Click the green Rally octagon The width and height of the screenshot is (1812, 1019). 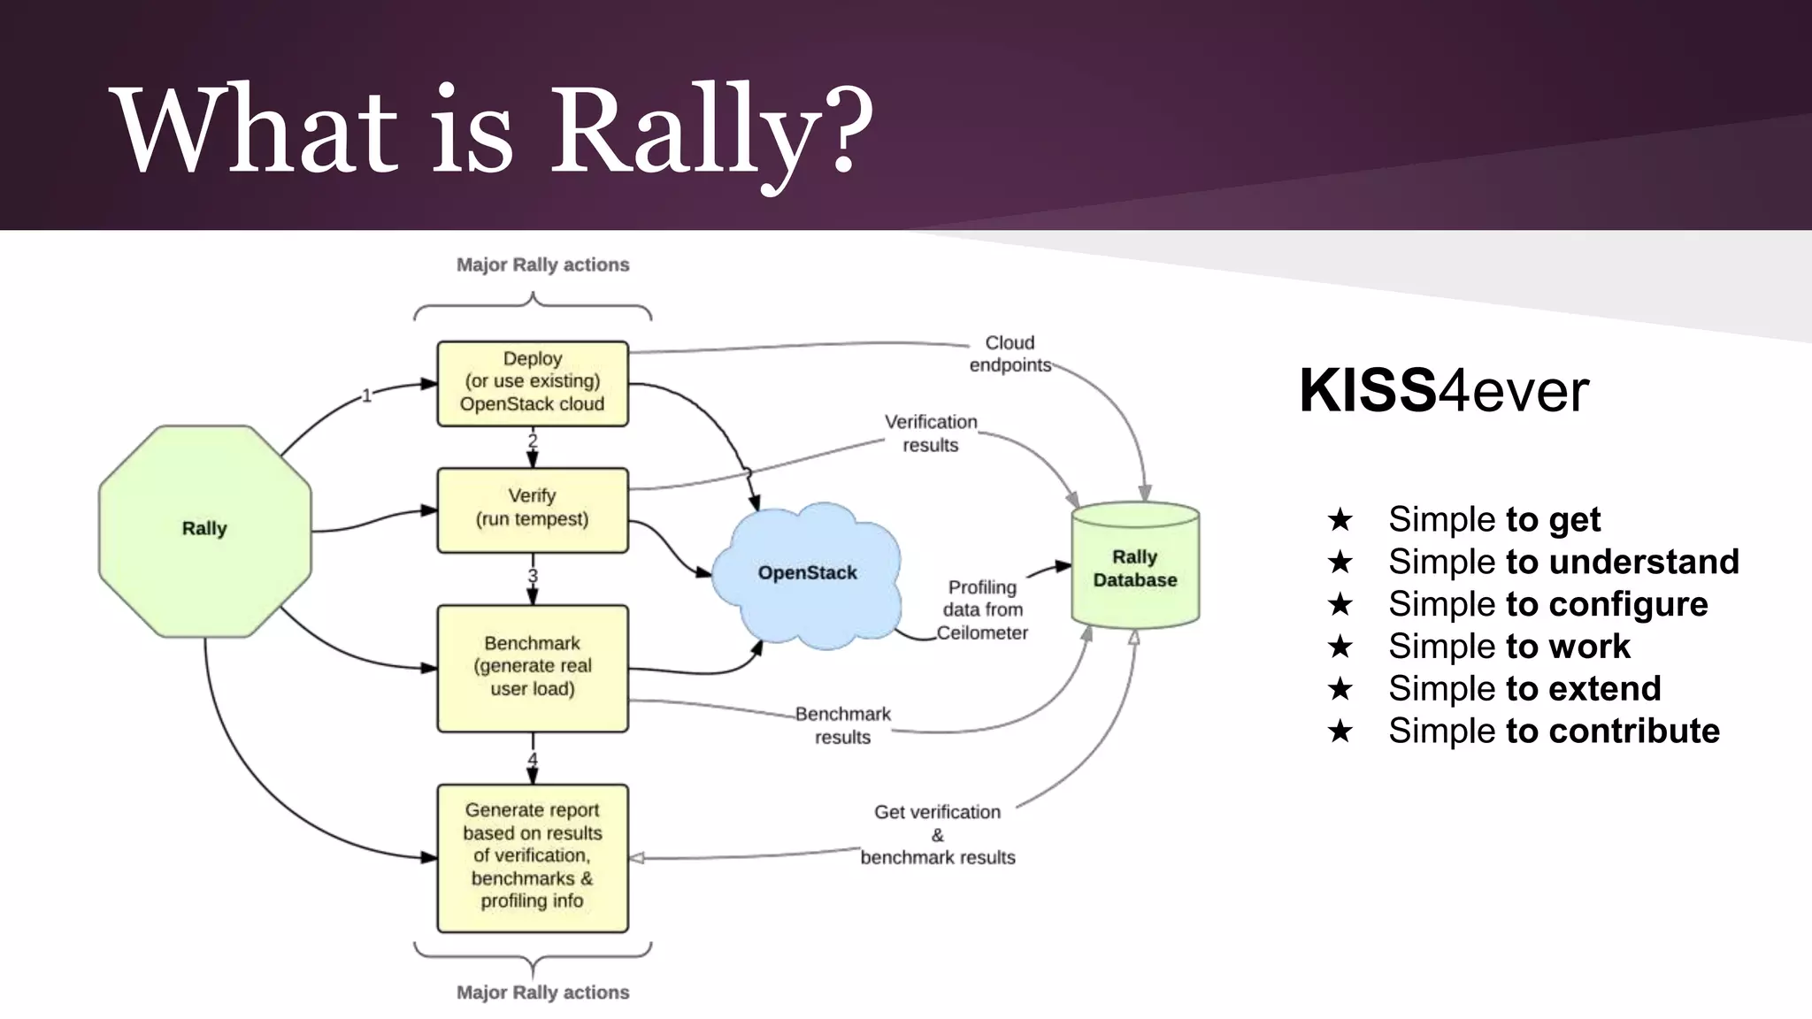tap(204, 531)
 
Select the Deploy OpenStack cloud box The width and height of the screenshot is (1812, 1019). tap(533, 382)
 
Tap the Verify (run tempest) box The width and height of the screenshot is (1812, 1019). tap(533, 509)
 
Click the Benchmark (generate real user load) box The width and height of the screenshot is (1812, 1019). tap(533, 667)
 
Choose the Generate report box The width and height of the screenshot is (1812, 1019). tap(533, 856)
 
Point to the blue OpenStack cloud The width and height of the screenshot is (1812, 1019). tap(807, 573)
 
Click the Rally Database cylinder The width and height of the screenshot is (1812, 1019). tap(1135, 568)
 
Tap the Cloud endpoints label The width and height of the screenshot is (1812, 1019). tap(1010, 354)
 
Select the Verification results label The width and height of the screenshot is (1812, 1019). tap(931, 433)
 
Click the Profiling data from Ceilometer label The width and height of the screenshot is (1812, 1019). tap(982, 609)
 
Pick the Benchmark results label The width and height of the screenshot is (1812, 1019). tap(842, 725)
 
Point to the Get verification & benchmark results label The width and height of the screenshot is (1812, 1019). tap(938, 835)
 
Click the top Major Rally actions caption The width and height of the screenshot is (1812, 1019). tap(542, 264)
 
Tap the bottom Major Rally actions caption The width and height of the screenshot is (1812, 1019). tap(542, 992)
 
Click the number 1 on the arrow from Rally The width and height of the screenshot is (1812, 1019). tap(366, 395)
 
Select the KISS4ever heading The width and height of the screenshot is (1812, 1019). tap(1444, 390)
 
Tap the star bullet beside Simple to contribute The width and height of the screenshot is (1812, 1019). tap(1340, 732)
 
